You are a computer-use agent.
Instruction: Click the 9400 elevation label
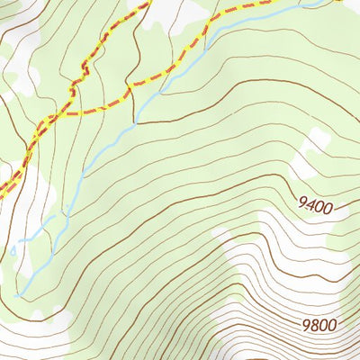coord(314,208)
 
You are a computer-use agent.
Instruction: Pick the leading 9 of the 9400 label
coord(301,208)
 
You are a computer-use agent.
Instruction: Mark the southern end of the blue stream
coord(18,294)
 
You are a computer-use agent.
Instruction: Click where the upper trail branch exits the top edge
coord(147,2)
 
